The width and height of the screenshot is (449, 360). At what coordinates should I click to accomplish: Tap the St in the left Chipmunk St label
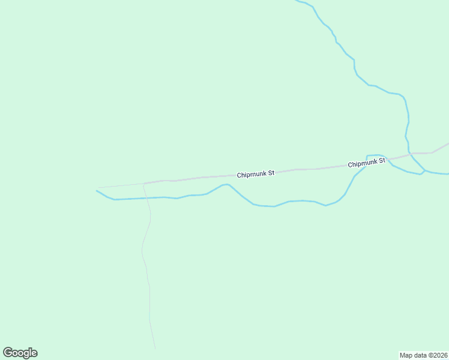(271, 173)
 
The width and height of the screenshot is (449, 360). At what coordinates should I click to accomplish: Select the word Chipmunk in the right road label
(363, 163)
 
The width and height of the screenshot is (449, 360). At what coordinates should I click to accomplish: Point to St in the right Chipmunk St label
(381, 161)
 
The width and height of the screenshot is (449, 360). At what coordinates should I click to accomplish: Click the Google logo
(20, 353)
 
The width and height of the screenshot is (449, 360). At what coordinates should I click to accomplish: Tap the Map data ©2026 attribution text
(424, 355)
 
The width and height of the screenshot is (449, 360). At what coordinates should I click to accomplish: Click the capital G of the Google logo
(8, 352)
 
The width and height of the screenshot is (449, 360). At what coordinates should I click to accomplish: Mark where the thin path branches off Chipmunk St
(144, 184)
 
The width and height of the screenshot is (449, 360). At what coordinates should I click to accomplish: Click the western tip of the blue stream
(97, 191)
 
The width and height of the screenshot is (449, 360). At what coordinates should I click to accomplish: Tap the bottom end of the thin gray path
(155, 349)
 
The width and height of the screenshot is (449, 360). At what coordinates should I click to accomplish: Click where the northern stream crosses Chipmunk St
(409, 154)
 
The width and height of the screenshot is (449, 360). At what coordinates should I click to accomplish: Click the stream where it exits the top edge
(297, 1)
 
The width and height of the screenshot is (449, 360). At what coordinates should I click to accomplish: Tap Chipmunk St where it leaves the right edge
(447, 144)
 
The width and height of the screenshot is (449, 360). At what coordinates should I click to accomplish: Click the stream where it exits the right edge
(447, 175)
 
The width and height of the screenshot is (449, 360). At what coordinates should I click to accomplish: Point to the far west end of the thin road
(97, 188)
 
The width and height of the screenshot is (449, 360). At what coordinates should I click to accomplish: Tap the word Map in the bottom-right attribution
(406, 355)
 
